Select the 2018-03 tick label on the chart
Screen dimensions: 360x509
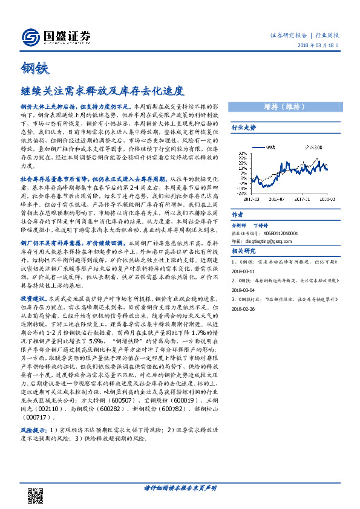pos(327,198)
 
